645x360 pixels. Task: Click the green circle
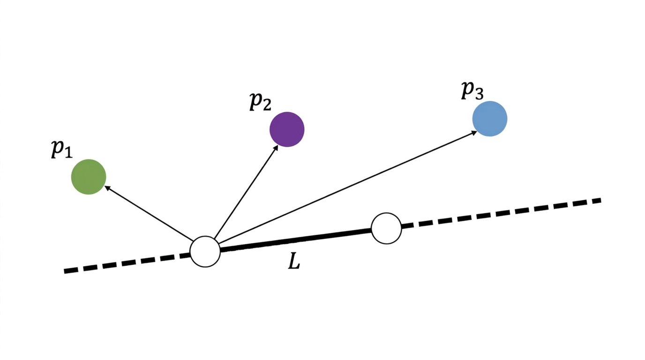pos(89,177)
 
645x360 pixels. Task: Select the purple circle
pos(287,129)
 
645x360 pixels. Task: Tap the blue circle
pos(489,119)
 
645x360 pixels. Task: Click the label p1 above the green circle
pos(61,149)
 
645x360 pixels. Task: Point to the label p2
pos(260,101)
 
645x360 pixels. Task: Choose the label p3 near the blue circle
pos(472,90)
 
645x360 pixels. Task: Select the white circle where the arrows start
pos(205,252)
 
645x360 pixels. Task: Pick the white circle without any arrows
pos(386,228)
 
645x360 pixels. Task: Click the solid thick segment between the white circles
pos(295,240)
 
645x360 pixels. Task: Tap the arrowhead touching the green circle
pos(107,187)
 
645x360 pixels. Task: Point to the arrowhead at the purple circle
pos(275,149)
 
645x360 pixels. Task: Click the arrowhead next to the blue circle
pos(473,133)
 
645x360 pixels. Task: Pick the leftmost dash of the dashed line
pos(71,270)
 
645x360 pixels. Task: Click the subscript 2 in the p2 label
pos(266,105)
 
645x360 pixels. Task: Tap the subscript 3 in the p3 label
pos(478,94)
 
